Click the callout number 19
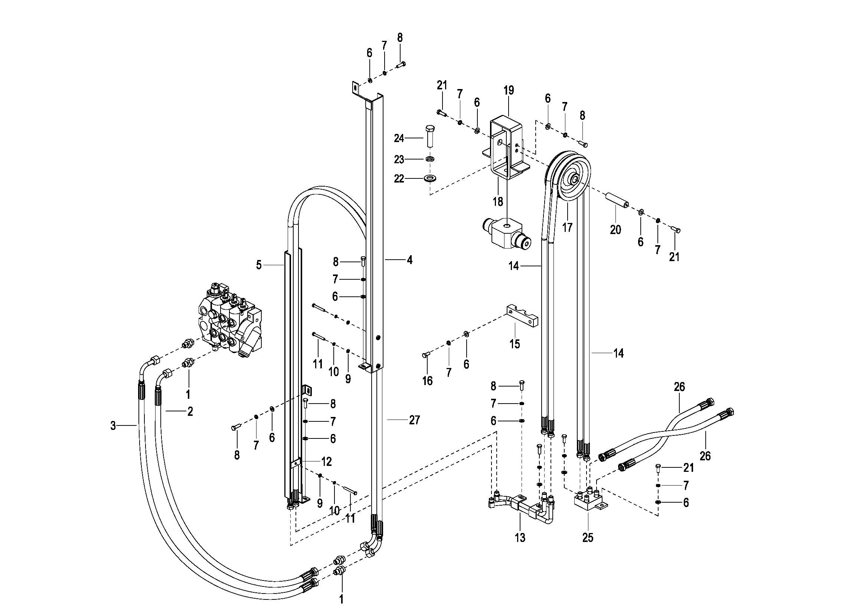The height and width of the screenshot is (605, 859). [509, 91]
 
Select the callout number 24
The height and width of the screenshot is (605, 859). [399, 138]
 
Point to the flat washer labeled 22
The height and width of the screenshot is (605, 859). [431, 178]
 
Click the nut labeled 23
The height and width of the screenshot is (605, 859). [430, 159]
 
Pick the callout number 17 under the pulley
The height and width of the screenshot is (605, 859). [567, 227]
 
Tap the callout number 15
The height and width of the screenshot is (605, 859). [515, 343]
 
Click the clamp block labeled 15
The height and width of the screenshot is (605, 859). [523, 315]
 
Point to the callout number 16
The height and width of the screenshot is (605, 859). [427, 381]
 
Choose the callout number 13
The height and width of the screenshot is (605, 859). [520, 538]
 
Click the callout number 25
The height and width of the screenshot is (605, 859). [588, 538]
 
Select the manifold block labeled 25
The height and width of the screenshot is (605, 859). [590, 499]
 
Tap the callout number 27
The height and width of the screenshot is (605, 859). [415, 420]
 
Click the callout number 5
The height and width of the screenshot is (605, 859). [259, 265]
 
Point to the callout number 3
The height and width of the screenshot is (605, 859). [113, 425]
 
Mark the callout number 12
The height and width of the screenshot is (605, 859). [327, 461]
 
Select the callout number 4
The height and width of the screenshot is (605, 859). [410, 260]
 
